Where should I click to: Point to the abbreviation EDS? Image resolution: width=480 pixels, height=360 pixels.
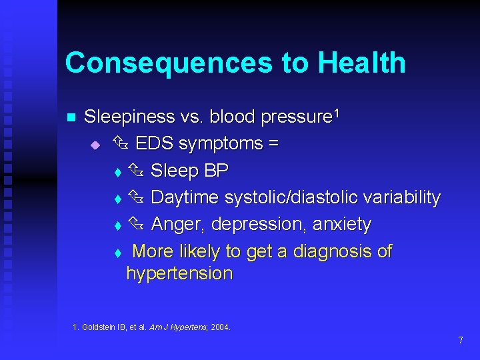[155, 144]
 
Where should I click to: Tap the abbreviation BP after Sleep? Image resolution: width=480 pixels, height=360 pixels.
[216, 171]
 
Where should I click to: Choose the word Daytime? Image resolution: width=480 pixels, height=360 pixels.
[185, 198]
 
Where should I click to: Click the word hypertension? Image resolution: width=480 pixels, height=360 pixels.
[179, 273]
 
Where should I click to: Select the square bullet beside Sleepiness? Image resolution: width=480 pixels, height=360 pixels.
[69, 118]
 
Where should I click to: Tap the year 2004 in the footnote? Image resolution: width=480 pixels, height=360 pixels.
[219, 327]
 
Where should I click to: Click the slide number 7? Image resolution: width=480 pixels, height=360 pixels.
[460, 341]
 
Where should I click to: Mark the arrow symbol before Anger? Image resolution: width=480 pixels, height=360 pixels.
[137, 224]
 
